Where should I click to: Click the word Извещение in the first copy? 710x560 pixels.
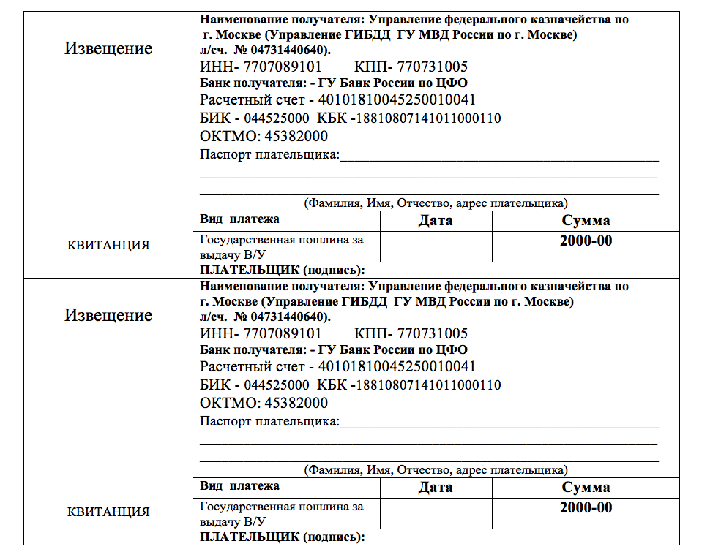[x=108, y=48]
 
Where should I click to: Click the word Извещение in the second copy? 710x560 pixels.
[x=108, y=315]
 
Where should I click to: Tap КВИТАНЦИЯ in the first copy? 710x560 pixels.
[x=108, y=245]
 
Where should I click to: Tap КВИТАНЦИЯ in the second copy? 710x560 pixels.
[x=108, y=512]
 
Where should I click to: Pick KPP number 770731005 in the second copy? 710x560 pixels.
[x=432, y=334]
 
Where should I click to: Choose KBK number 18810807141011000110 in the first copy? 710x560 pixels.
[x=428, y=118]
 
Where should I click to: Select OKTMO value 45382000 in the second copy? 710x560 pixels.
[x=296, y=403]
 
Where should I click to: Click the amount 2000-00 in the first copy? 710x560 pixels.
[x=586, y=241]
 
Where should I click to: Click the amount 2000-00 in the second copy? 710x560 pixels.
[x=586, y=508]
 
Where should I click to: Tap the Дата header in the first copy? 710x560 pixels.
[x=436, y=220]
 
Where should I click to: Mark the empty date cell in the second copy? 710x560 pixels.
[x=436, y=513]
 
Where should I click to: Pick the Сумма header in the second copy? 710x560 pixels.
[x=586, y=487]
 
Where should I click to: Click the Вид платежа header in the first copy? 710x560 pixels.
[x=239, y=219]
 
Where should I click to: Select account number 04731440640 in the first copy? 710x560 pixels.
[x=291, y=50]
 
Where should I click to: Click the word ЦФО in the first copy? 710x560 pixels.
[x=453, y=83]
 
